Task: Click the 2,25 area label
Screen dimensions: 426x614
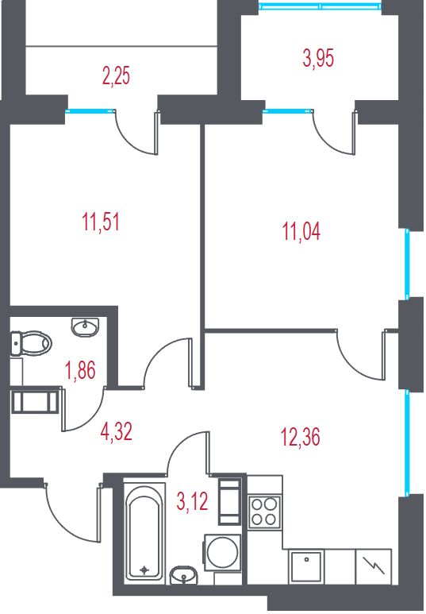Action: click(x=116, y=75)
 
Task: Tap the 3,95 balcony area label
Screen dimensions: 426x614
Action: click(x=318, y=59)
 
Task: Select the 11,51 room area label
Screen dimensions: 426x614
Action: click(x=101, y=222)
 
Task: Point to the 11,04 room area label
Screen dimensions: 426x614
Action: click(x=301, y=231)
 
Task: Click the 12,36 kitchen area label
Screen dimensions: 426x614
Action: click(x=301, y=437)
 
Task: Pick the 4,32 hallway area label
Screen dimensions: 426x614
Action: click(x=116, y=432)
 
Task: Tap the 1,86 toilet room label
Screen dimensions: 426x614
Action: click(x=80, y=370)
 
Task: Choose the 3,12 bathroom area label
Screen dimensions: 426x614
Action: click(x=192, y=502)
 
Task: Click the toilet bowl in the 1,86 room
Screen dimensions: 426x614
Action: click(x=30, y=343)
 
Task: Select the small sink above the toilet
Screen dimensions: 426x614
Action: click(x=85, y=326)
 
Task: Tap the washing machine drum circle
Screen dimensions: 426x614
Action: click(x=223, y=553)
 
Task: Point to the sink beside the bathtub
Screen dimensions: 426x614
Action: click(x=184, y=575)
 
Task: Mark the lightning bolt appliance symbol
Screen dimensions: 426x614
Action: click(x=374, y=566)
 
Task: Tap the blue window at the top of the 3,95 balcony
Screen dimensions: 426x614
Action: click(x=320, y=6)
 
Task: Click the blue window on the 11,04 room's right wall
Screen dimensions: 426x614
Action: click(x=407, y=264)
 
